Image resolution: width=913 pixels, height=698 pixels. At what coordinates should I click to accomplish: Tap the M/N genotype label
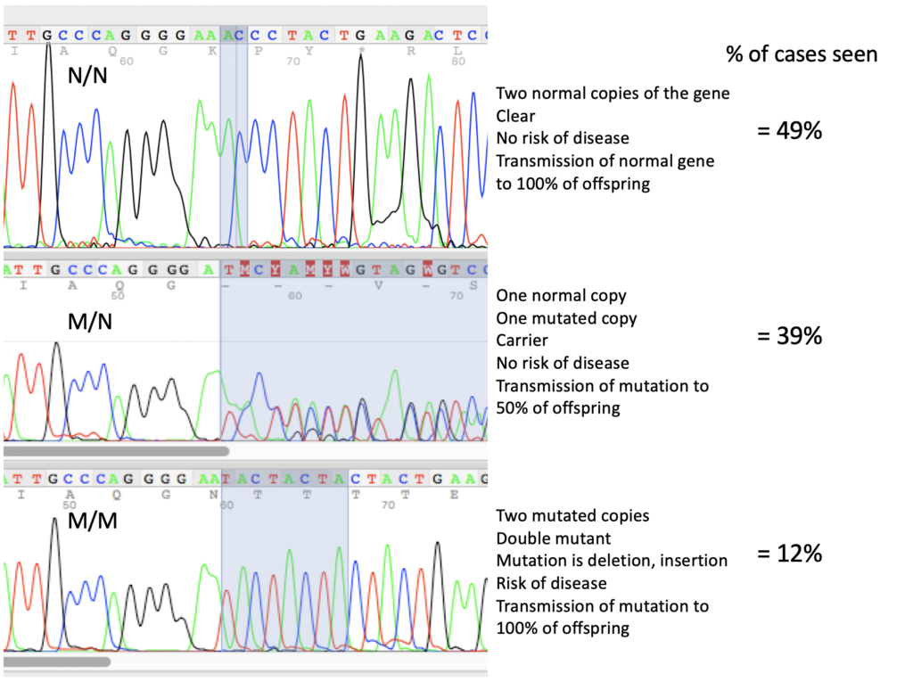(89, 323)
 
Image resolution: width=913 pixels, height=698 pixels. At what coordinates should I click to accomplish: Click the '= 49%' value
(788, 131)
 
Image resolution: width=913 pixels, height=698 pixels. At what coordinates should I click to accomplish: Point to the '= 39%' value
(788, 336)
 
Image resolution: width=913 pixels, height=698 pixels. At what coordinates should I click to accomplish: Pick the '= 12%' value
(788, 554)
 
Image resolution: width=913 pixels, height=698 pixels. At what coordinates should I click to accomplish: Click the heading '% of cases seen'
(802, 54)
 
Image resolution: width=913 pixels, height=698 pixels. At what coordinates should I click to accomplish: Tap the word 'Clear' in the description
(516, 116)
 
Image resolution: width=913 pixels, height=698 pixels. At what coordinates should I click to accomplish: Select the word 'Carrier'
(523, 341)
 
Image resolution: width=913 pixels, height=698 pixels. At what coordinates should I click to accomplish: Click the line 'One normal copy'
(561, 296)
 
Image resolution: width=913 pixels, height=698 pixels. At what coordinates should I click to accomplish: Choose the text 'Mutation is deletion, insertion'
(612, 561)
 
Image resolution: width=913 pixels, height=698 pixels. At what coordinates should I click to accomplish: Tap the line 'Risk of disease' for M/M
(551, 583)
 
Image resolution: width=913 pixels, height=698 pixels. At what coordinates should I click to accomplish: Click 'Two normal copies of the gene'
(613, 94)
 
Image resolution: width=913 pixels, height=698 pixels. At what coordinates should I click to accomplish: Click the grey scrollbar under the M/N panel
(116, 451)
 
